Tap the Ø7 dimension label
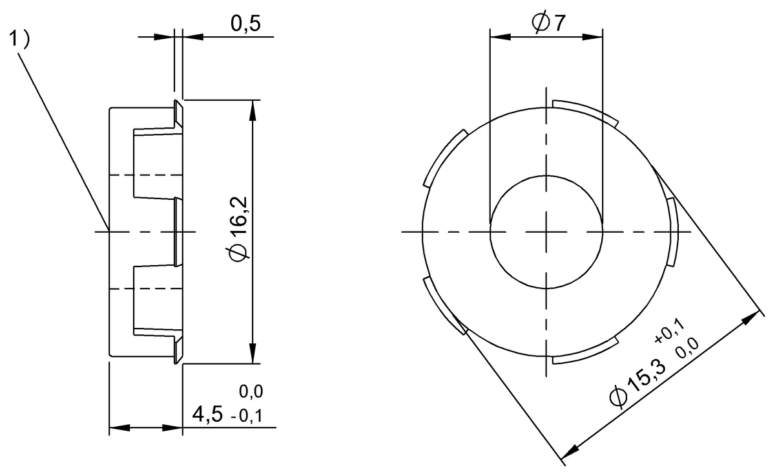[x=548, y=23]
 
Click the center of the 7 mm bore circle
[x=546, y=232]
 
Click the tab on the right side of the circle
[x=672, y=230]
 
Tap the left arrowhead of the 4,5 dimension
[x=117, y=427]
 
